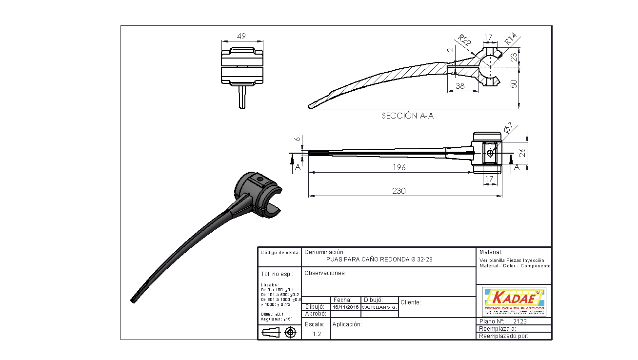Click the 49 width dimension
click(241, 36)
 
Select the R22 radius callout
click(464, 40)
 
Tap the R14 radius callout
click(510, 39)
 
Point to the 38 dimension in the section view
click(459, 86)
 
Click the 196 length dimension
click(399, 167)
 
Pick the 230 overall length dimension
click(399, 191)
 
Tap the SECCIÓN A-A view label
click(407, 116)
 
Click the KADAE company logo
click(514, 301)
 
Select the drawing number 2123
click(520, 321)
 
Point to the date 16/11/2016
click(345, 307)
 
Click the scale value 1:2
click(317, 334)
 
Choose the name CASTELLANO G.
click(379, 307)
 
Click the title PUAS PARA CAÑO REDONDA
click(379, 260)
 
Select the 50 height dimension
click(513, 84)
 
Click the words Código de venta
click(279, 253)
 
